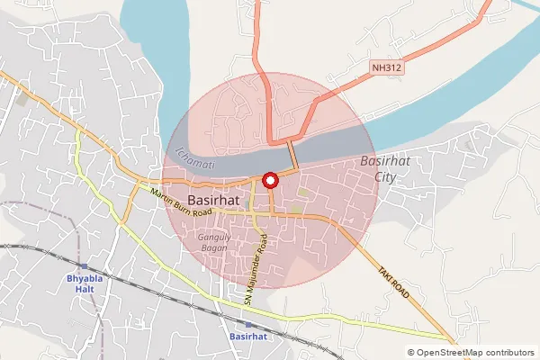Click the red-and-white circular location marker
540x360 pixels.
(x=269, y=180)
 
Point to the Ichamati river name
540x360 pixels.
(x=194, y=155)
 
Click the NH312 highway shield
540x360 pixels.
(x=385, y=67)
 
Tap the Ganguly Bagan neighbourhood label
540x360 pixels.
(x=214, y=243)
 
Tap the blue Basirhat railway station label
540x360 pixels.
(x=248, y=336)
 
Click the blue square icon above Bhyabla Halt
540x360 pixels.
(x=82, y=266)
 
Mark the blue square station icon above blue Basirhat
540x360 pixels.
(x=248, y=322)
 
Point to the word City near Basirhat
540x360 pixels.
(x=384, y=177)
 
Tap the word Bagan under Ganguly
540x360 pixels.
(x=214, y=248)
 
